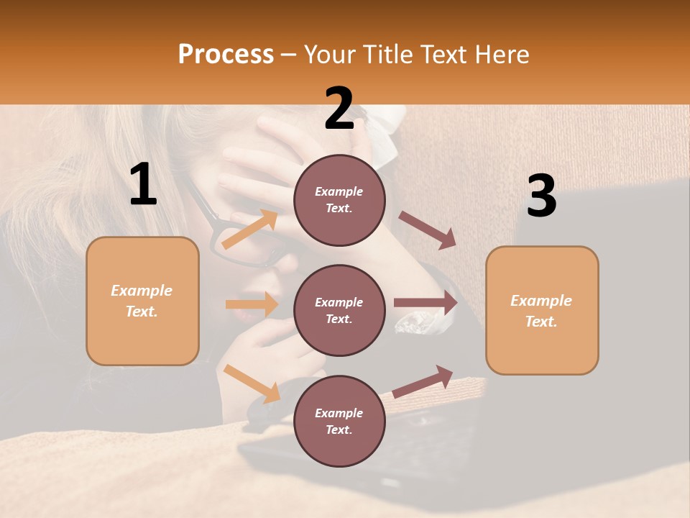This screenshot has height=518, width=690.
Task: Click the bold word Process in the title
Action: tap(226, 54)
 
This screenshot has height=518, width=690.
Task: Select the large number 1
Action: tap(143, 186)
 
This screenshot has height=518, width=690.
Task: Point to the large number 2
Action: tap(339, 109)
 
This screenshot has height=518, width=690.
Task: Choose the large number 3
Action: tap(541, 196)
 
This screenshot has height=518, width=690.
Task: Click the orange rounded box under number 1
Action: tap(142, 301)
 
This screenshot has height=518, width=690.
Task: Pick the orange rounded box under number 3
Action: tap(542, 311)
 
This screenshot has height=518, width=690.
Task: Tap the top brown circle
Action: tap(339, 200)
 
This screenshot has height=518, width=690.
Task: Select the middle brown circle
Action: tap(339, 310)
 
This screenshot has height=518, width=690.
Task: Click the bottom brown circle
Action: tap(339, 421)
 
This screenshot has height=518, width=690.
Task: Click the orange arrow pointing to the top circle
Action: tap(251, 229)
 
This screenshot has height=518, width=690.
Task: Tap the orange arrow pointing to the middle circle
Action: tap(252, 304)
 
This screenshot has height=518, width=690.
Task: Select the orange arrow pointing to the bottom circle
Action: tap(252, 383)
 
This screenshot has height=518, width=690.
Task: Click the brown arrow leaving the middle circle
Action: tap(425, 303)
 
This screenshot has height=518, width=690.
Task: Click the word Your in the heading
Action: tap(330, 54)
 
